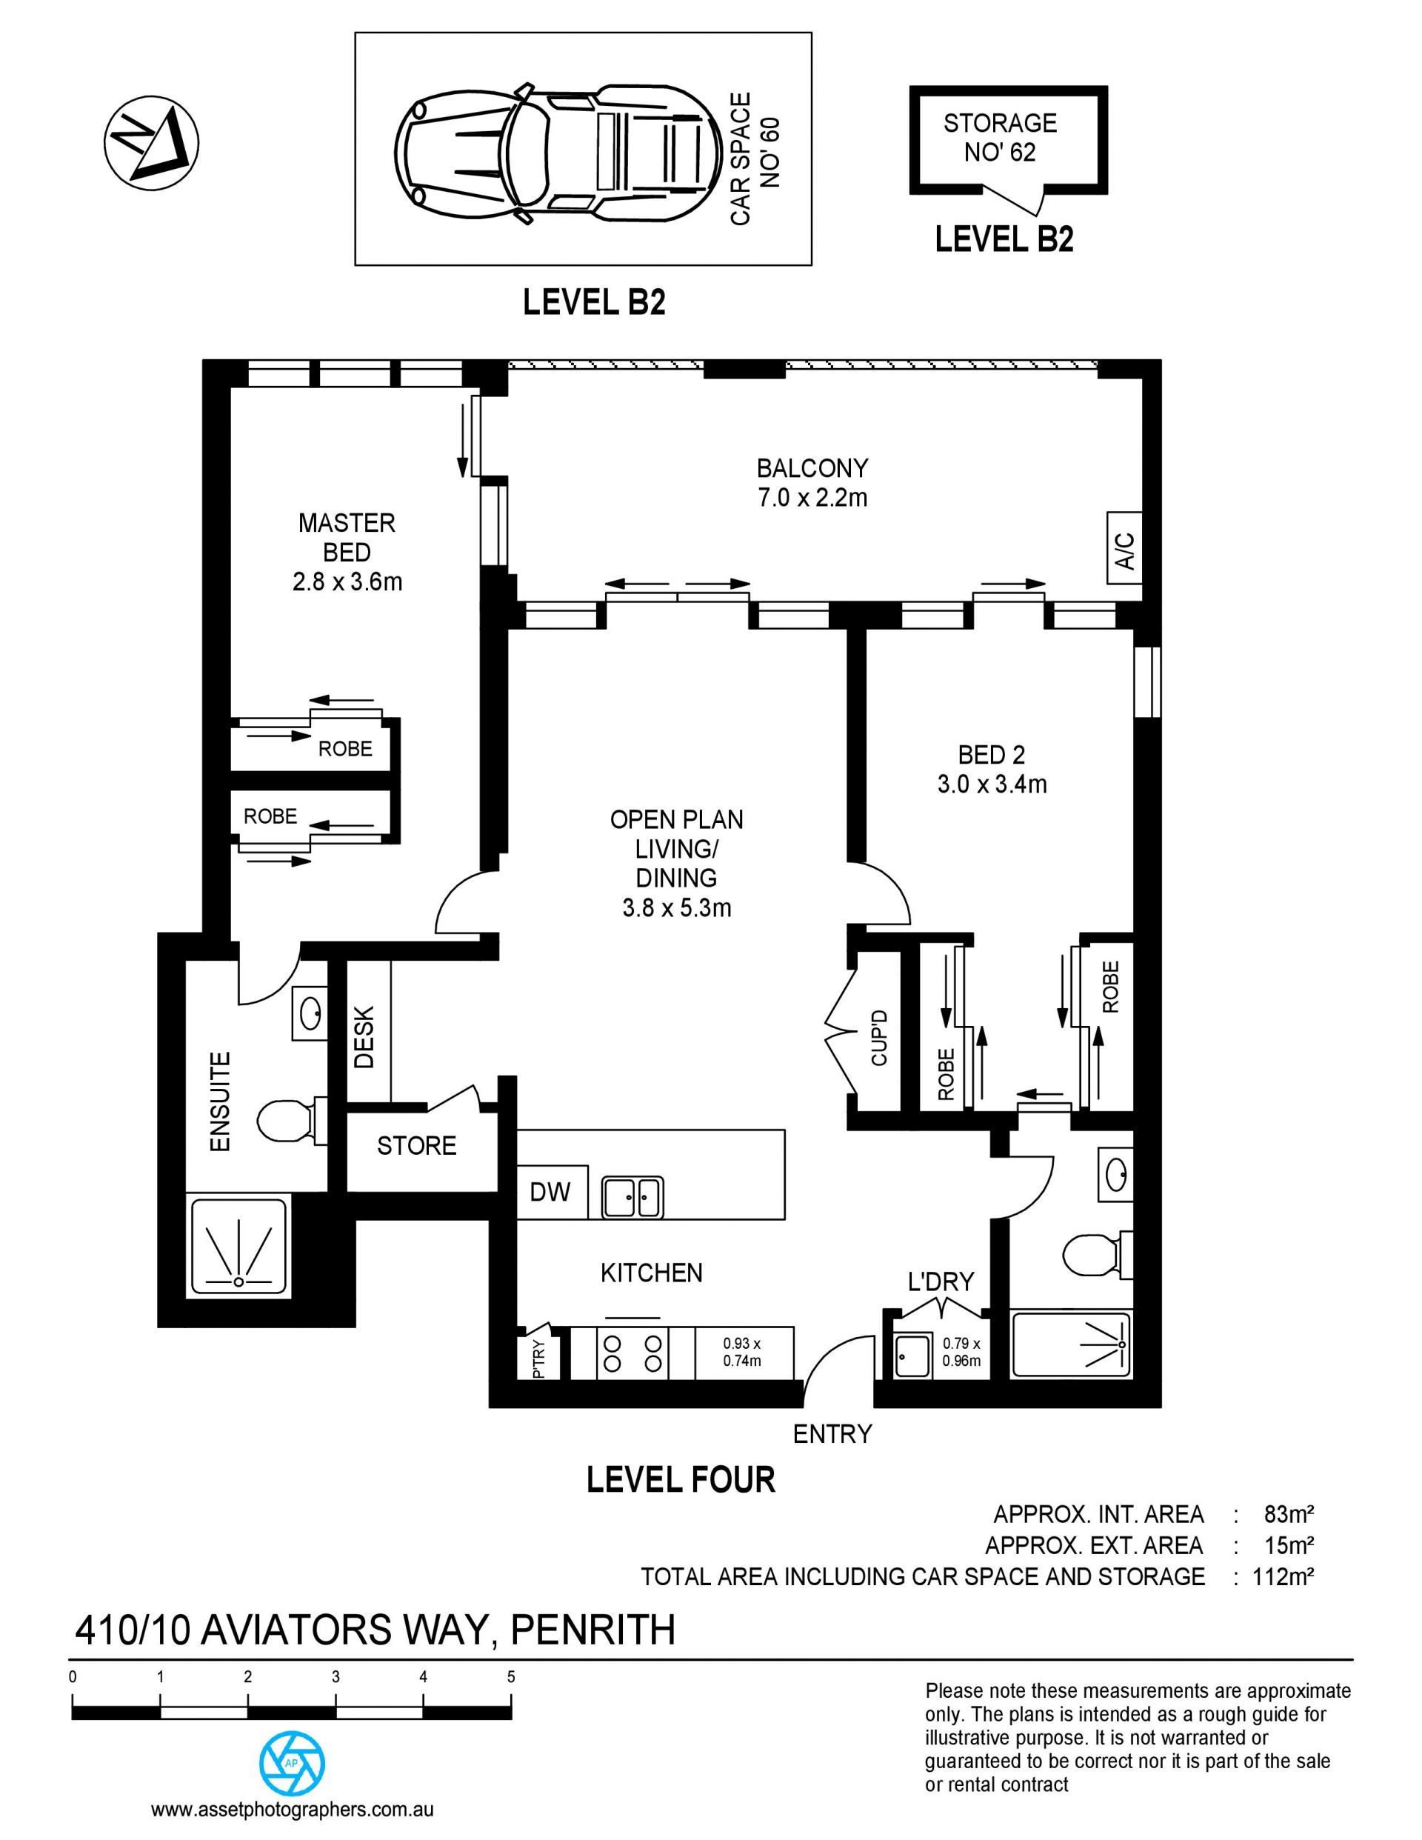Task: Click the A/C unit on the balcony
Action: pyautogui.click(x=1124, y=547)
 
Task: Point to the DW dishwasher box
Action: pyautogui.click(x=551, y=1191)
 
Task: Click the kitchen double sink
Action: pyautogui.click(x=632, y=1196)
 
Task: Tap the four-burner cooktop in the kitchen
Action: pyautogui.click(x=632, y=1354)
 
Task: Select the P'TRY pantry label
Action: pyautogui.click(x=539, y=1358)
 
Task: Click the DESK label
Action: pyautogui.click(x=364, y=1037)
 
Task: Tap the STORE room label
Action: pyautogui.click(x=417, y=1146)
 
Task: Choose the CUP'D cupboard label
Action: pyautogui.click(x=879, y=1037)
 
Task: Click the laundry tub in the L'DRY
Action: pyautogui.click(x=913, y=1356)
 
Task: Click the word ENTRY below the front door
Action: pyautogui.click(x=832, y=1434)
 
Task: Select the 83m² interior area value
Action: pyautogui.click(x=1289, y=1514)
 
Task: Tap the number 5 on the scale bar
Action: pyautogui.click(x=511, y=1676)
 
